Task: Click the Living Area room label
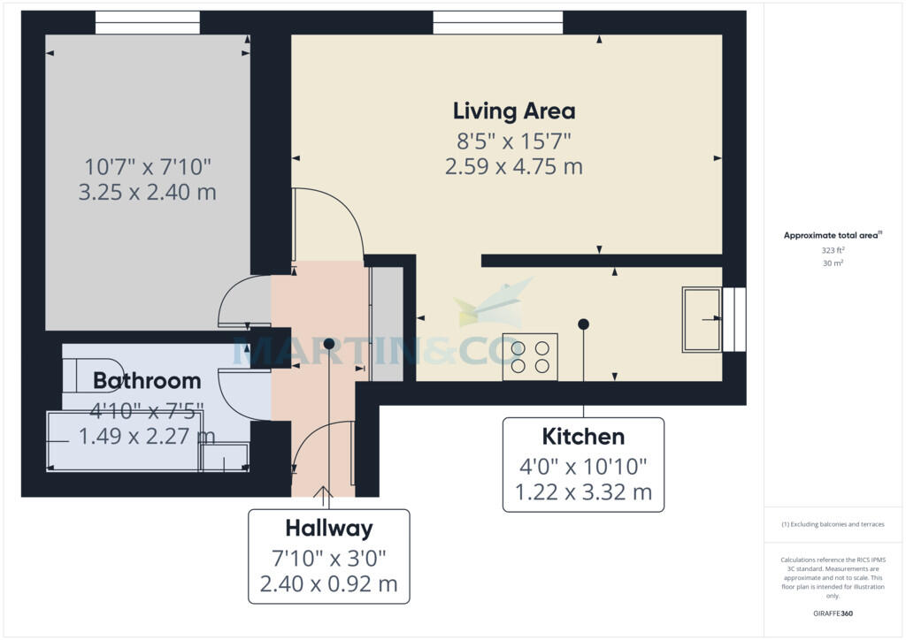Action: (514, 111)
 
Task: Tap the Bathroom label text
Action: (147, 381)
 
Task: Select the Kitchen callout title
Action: (583, 437)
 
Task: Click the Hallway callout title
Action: (329, 529)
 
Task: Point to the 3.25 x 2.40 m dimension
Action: (148, 192)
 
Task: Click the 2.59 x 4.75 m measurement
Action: (514, 166)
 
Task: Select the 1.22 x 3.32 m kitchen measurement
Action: (583, 492)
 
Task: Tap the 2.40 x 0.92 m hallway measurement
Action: (329, 584)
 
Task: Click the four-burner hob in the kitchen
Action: (530, 356)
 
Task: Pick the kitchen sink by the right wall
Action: (702, 319)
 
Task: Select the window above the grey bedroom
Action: (148, 22)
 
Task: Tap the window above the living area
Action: (498, 22)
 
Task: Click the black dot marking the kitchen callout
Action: (584, 324)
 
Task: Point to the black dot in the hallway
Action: (329, 344)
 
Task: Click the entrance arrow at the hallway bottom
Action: (323, 492)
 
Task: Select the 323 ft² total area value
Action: (833, 250)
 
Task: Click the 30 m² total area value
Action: (833, 263)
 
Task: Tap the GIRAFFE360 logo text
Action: (833, 613)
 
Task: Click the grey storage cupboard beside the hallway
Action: (387, 324)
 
